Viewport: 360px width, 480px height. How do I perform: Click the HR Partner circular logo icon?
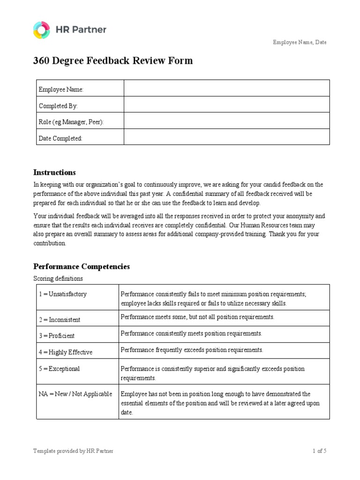click(41, 30)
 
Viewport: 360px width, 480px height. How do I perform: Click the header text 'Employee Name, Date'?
click(300, 42)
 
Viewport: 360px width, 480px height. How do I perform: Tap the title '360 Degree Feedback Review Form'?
click(112, 61)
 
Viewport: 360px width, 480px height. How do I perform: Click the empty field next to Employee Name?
click(226, 88)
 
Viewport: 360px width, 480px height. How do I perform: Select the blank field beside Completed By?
click(226, 105)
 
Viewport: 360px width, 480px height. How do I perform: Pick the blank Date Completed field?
click(226, 137)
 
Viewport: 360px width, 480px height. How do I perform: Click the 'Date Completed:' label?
click(60, 138)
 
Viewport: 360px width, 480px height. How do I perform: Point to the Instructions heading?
click(54, 172)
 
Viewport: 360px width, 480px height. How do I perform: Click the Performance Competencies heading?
click(82, 267)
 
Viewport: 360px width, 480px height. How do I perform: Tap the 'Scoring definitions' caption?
click(58, 278)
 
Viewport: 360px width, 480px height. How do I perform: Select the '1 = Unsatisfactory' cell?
click(62, 294)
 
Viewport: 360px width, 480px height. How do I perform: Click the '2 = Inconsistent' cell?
click(59, 320)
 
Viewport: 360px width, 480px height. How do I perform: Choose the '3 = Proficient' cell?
click(56, 336)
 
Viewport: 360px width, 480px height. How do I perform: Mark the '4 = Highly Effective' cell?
click(65, 352)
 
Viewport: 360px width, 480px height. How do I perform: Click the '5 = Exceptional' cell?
click(59, 369)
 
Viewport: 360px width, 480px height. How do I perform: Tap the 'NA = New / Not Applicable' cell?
click(75, 394)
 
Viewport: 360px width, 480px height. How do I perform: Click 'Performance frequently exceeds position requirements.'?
click(192, 350)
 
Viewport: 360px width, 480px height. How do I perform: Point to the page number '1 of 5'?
click(319, 451)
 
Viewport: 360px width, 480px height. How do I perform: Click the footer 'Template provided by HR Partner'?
click(73, 451)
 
